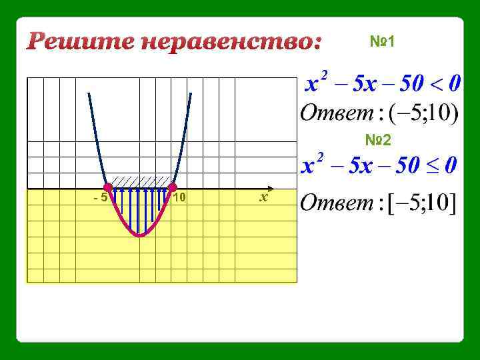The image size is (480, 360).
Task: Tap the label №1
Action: click(x=383, y=42)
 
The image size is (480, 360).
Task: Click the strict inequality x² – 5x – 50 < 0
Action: click(x=382, y=85)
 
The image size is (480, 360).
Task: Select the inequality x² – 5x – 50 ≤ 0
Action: click(x=379, y=165)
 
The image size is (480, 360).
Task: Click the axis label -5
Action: click(x=100, y=198)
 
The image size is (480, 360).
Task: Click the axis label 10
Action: click(x=179, y=198)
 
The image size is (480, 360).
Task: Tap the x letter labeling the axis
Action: click(x=264, y=197)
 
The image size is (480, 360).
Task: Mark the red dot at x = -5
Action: click(x=108, y=187)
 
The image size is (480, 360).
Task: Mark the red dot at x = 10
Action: click(x=172, y=187)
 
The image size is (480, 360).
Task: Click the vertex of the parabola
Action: click(x=140, y=235)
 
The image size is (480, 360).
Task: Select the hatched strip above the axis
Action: click(x=140, y=181)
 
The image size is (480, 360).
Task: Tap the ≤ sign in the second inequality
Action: click(x=431, y=165)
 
